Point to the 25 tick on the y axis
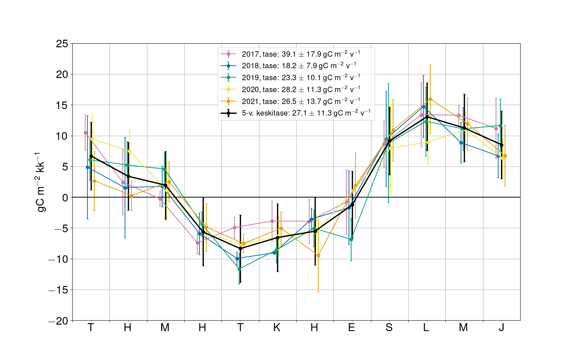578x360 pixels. coord(62,44)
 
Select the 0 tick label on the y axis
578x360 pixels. coord(65,198)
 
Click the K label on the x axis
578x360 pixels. coord(277,328)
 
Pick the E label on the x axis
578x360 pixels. coord(351,328)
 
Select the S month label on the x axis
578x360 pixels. coord(389,328)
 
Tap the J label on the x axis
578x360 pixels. coord(501,328)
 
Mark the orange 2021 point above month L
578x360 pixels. coord(430,99)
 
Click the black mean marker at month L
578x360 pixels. coord(427,117)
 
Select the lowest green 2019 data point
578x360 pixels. coord(239,269)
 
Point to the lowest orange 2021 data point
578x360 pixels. coord(318,256)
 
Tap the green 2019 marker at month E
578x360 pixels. coord(351,239)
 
